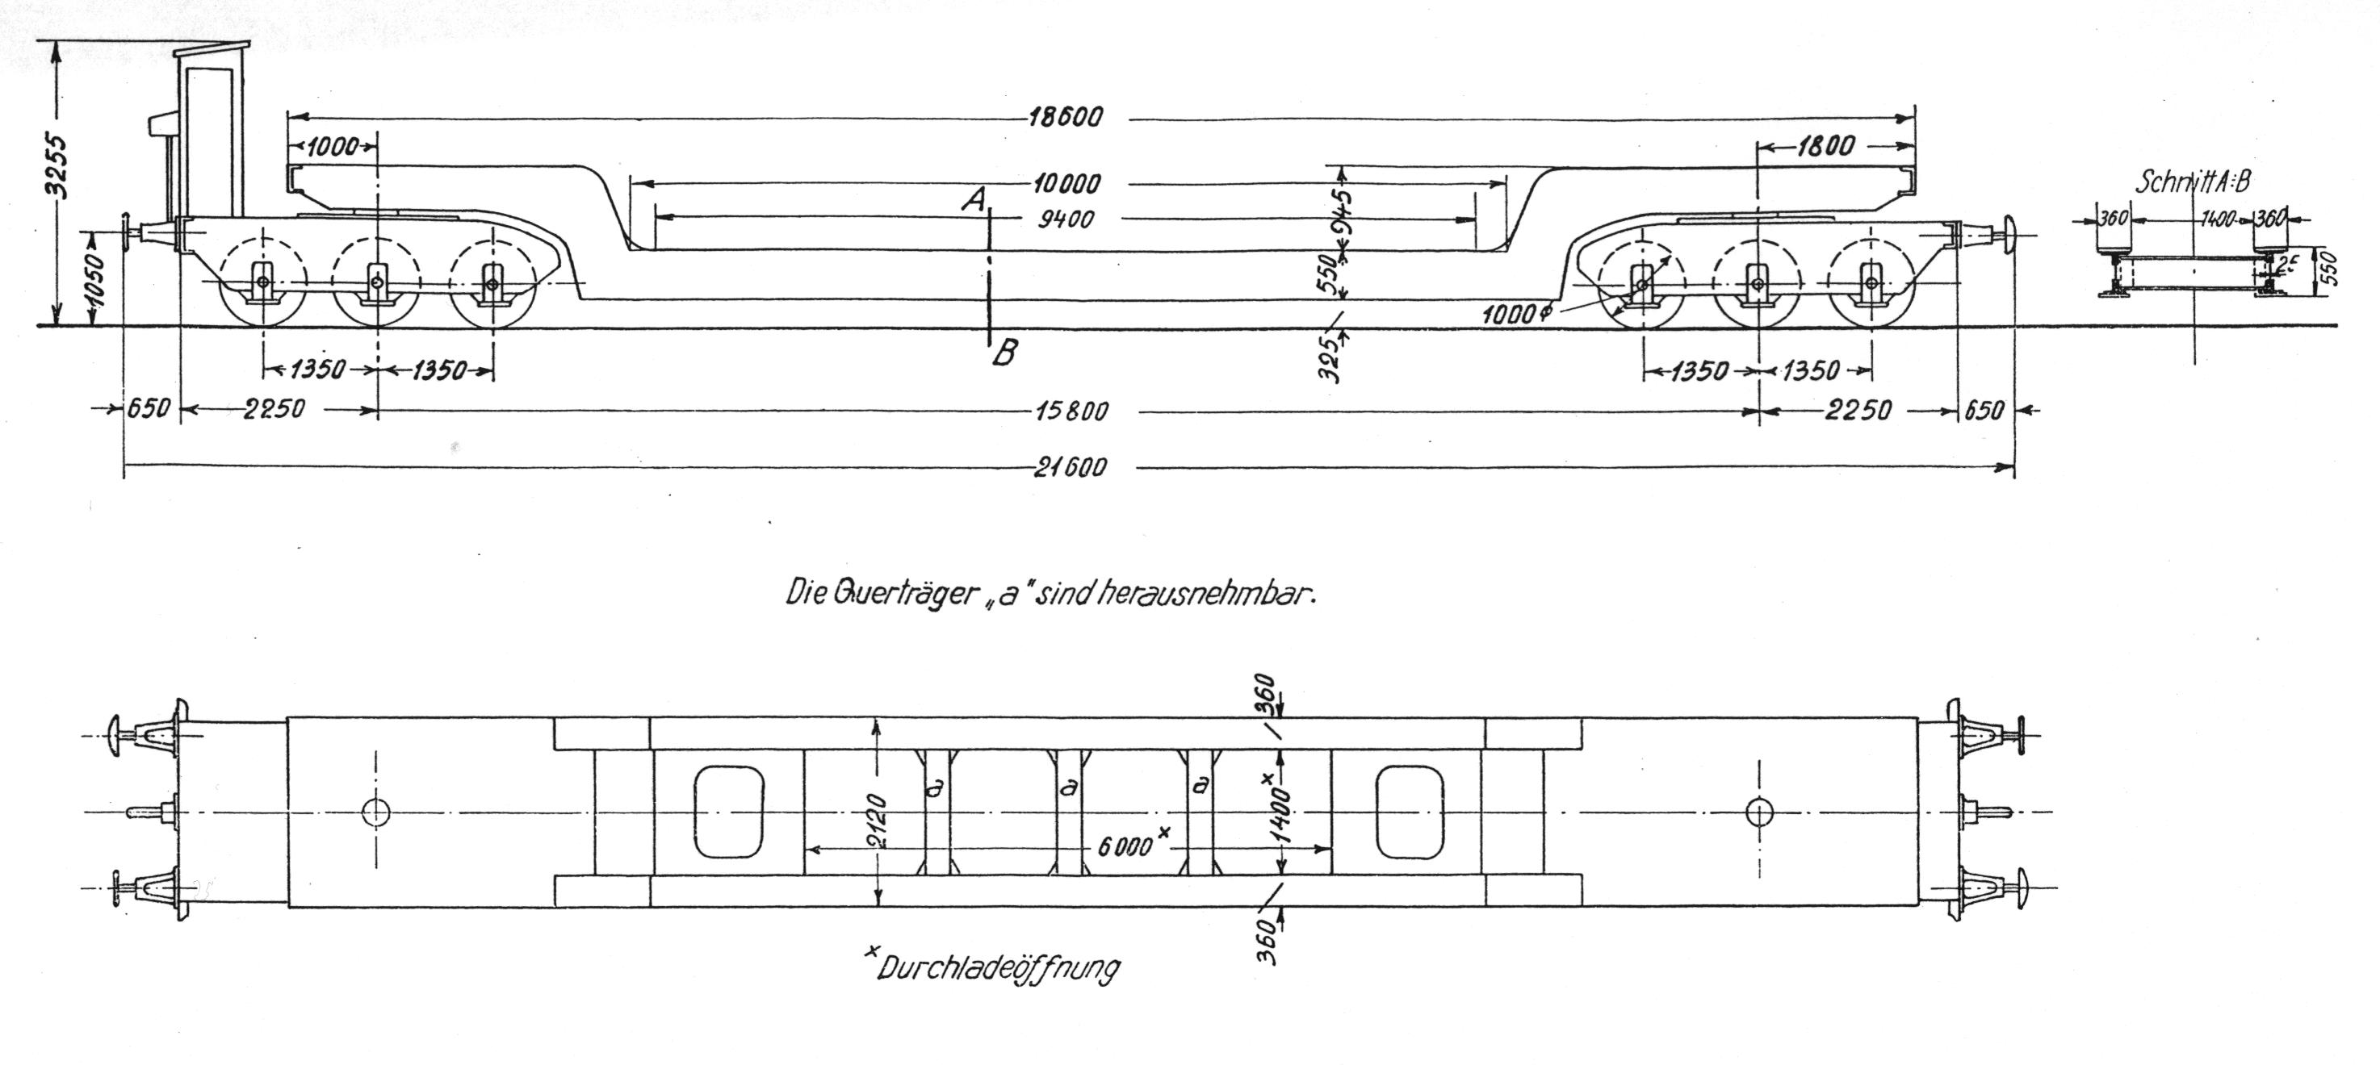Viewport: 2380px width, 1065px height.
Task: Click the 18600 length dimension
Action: click(1066, 119)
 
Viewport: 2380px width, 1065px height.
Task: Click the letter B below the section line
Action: click(1004, 353)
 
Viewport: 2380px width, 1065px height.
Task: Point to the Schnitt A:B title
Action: click(2192, 182)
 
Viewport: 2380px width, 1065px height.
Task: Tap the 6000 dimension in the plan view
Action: click(1125, 846)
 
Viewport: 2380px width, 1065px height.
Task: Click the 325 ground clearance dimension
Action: click(1329, 353)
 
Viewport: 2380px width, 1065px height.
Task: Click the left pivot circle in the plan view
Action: click(376, 812)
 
